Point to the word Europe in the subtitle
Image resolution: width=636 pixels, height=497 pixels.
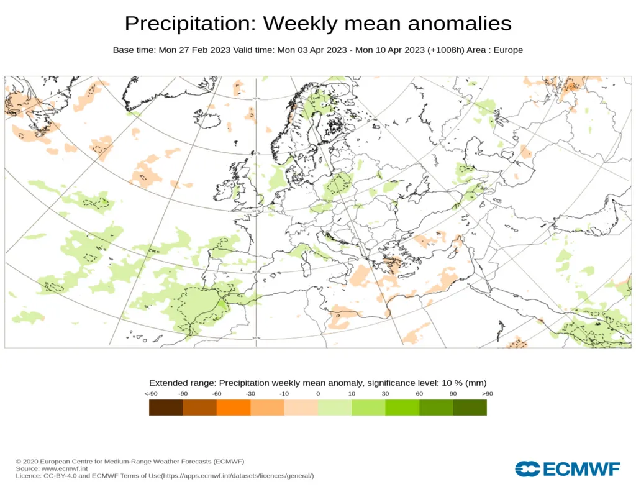coord(508,50)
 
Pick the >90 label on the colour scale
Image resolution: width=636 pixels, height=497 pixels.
coord(487,394)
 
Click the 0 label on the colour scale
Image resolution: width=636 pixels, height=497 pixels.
coord(318,394)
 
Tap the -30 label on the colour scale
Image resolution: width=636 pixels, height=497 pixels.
coord(251,394)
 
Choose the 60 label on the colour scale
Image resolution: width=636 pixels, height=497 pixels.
coord(419,394)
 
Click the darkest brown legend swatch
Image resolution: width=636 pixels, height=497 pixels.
coord(166,408)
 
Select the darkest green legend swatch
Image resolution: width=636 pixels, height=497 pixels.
coord(470,408)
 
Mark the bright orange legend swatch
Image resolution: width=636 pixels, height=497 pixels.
coord(234,408)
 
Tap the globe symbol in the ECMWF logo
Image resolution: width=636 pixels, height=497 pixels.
coord(527,469)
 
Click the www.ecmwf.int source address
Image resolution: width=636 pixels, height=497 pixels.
coord(65,468)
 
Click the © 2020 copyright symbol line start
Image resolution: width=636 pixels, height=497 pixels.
coord(19,461)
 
